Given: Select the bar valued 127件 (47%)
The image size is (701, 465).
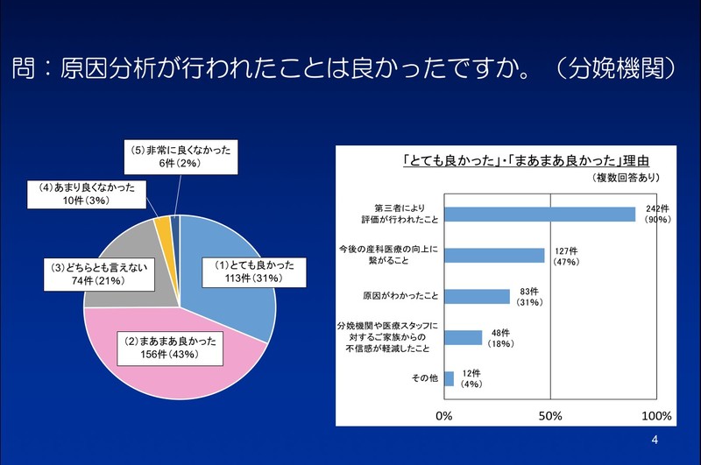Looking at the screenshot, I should (x=494, y=255).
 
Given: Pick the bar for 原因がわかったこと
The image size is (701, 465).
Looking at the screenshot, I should (x=477, y=296).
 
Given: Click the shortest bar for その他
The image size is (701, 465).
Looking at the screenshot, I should (x=450, y=378).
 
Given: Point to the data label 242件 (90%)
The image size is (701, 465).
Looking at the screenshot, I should (x=657, y=215).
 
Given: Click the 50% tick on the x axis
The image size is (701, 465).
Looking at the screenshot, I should (x=549, y=415).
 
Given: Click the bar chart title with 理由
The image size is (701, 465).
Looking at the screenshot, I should (x=527, y=160).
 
